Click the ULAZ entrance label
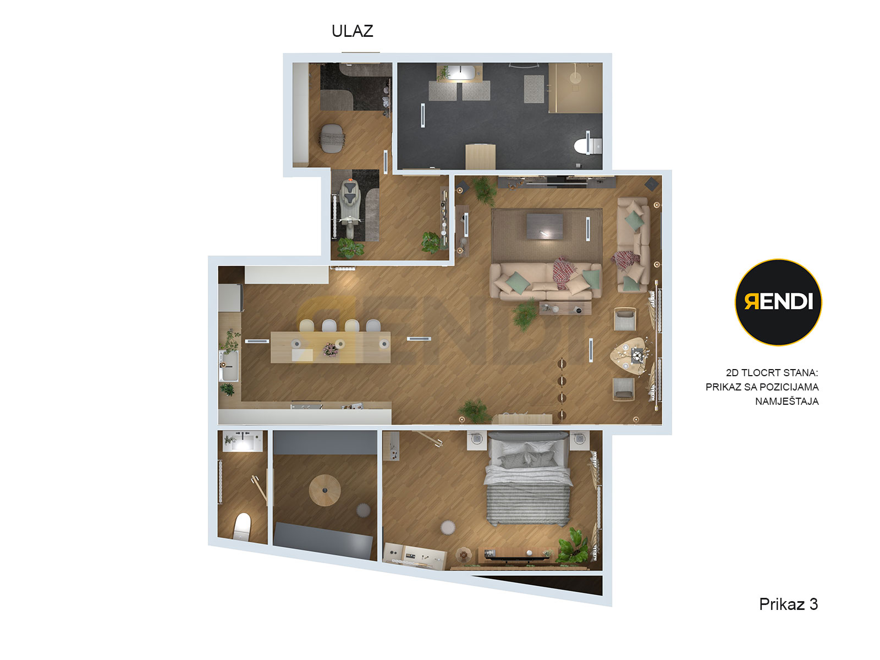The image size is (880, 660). (x=352, y=31)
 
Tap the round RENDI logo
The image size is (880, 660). (x=778, y=302)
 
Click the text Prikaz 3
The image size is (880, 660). (x=788, y=604)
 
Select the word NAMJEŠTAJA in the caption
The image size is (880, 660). (x=787, y=401)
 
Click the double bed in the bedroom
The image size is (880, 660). (x=529, y=479)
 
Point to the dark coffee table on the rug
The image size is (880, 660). (x=544, y=227)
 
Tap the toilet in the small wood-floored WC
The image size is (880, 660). (x=242, y=526)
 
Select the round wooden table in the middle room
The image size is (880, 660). (x=324, y=490)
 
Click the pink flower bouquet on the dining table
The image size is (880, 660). (x=331, y=349)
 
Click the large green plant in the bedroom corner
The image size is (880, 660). (x=573, y=545)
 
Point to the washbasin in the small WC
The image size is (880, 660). (x=243, y=441)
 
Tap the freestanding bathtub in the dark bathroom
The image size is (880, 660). (x=461, y=72)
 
